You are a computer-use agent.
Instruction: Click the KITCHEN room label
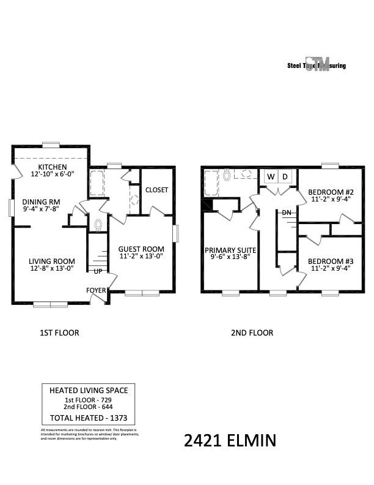52,167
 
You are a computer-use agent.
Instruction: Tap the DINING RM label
42,202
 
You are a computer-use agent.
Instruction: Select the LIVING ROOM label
51,261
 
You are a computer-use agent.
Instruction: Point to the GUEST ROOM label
141,249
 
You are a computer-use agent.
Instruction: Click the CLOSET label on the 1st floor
156,190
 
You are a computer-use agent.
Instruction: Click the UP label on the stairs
98,271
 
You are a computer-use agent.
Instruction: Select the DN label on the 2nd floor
286,212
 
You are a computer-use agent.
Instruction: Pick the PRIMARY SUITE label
230,250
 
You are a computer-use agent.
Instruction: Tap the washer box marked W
270,177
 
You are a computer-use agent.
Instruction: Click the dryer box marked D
285,177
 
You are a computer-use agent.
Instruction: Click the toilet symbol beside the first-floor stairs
98,224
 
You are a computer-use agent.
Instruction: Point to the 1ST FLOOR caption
59,333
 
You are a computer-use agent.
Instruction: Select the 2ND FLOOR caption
252,333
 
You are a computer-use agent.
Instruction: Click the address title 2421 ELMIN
230,440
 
